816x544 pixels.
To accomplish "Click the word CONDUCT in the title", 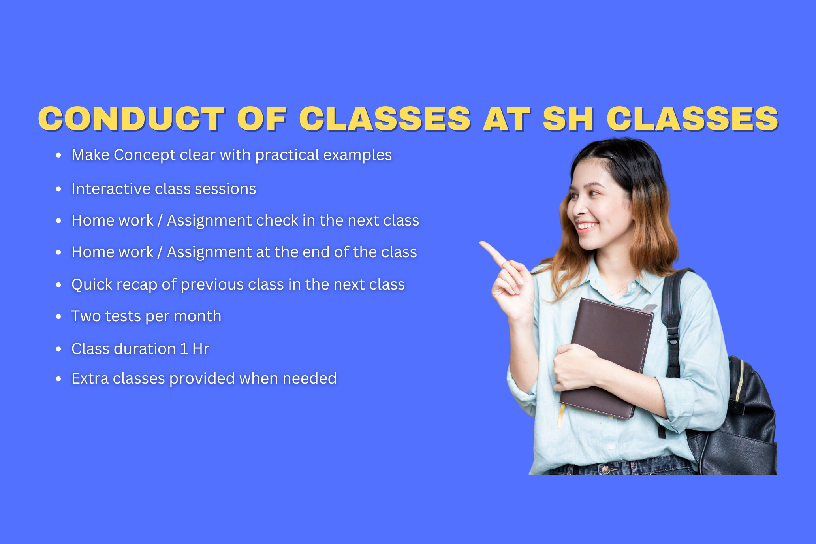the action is coord(132,119).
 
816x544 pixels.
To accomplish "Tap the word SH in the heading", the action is coord(568,119).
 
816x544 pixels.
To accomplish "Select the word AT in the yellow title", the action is coord(507,119).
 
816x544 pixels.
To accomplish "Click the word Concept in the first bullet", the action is coord(145,155).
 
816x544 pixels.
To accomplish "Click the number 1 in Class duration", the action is coord(184,349).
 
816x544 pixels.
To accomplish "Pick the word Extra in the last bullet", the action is coord(90,378).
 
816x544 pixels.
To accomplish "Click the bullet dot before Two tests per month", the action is coord(58,316).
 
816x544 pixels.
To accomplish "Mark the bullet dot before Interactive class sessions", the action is coord(58,189).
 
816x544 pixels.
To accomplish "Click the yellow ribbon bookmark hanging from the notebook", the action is coord(560,416).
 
